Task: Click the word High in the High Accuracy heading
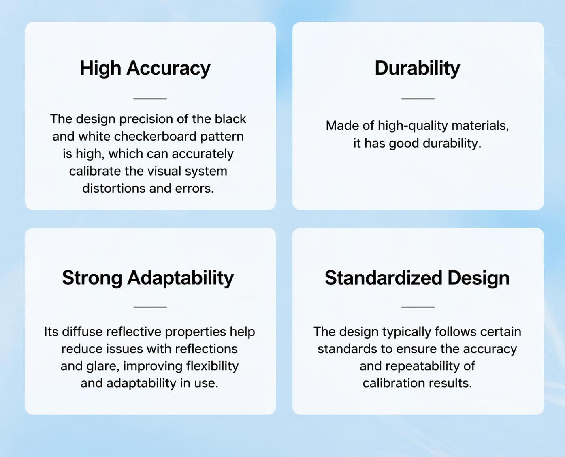click(100, 69)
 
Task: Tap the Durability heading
click(417, 69)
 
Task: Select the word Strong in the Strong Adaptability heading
click(92, 278)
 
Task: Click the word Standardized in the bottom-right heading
click(383, 278)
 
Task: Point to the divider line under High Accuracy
click(150, 99)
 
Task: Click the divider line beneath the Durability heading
click(418, 99)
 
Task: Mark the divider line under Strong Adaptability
click(150, 307)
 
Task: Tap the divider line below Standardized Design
click(418, 307)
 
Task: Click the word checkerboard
click(155, 137)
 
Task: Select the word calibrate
click(95, 171)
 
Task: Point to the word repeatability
click(423, 366)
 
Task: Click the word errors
click(194, 188)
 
